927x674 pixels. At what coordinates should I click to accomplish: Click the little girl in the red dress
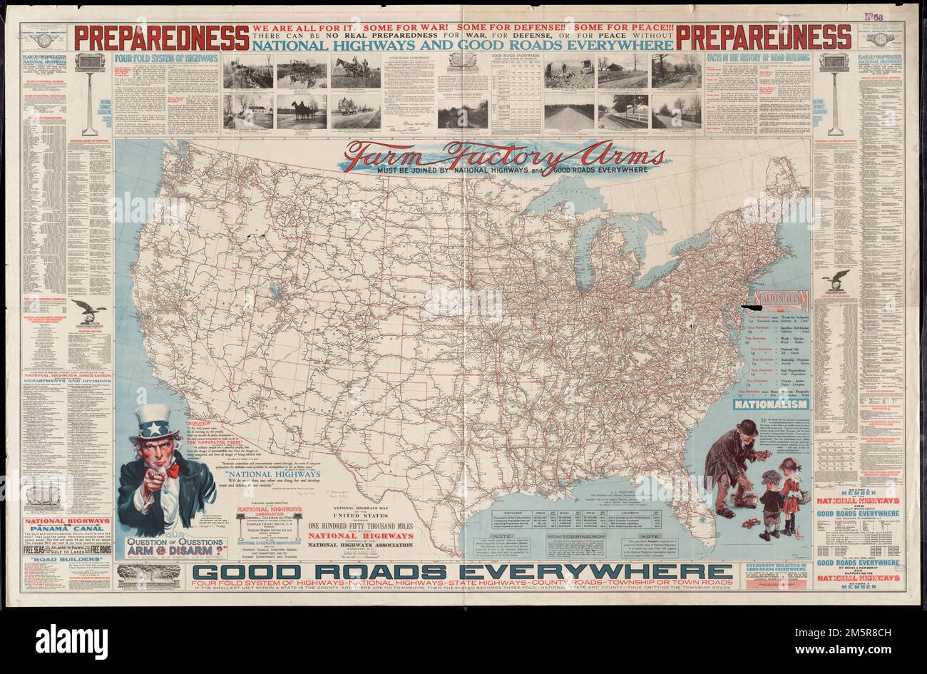tap(788, 486)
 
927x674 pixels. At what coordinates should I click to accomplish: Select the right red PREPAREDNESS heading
tap(763, 36)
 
